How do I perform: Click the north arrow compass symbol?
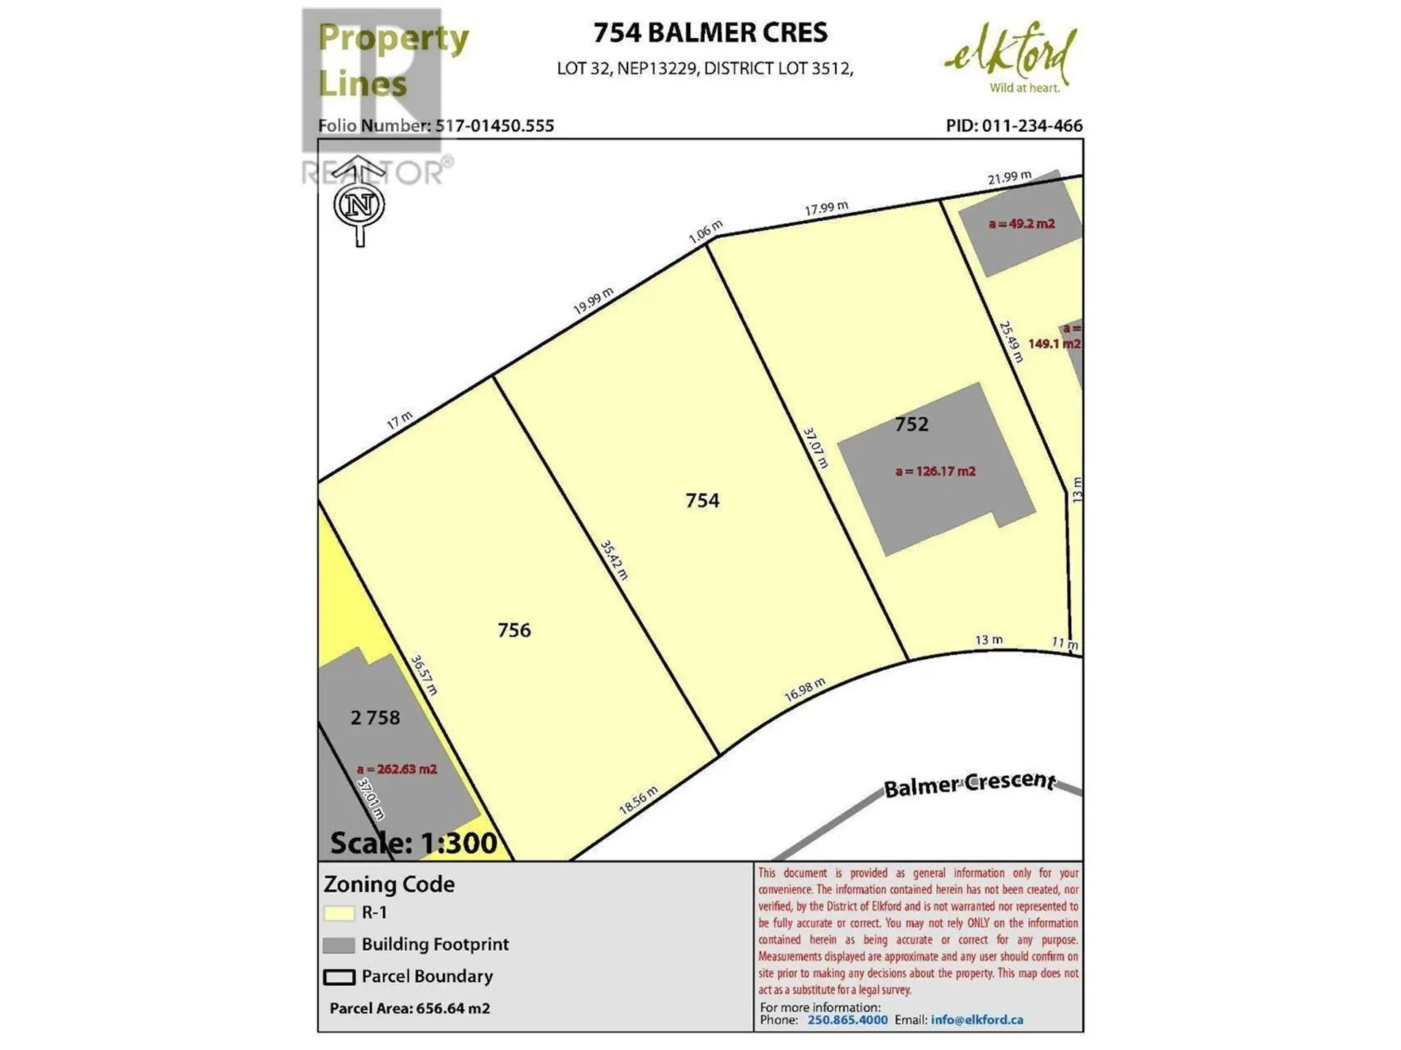[x=359, y=203]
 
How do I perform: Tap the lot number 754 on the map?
[x=702, y=500]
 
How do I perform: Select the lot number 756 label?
[x=514, y=630]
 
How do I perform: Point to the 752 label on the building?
[x=911, y=424]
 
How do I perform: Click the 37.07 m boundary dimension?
[x=816, y=448]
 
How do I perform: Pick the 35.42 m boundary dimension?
[x=614, y=560]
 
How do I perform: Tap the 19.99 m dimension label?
[x=593, y=300]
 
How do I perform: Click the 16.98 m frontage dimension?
[x=805, y=689]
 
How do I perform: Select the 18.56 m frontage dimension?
[x=638, y=800]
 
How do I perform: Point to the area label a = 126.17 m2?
[x=935, y=471]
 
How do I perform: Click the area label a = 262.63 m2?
[x=397, y=769]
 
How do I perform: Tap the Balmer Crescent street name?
[x=969, y=784]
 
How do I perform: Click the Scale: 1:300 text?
[x=413, y=843]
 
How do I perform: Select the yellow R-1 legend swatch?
[x=339, y=913]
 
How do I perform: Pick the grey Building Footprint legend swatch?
[x=339, y=945]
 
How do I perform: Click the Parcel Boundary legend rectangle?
[x=339, y=977]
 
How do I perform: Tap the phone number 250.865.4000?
[x=847, y=1019]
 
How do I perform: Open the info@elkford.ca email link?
[x=976, y=1019]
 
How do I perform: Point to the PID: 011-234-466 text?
[x=1014, y=125]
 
